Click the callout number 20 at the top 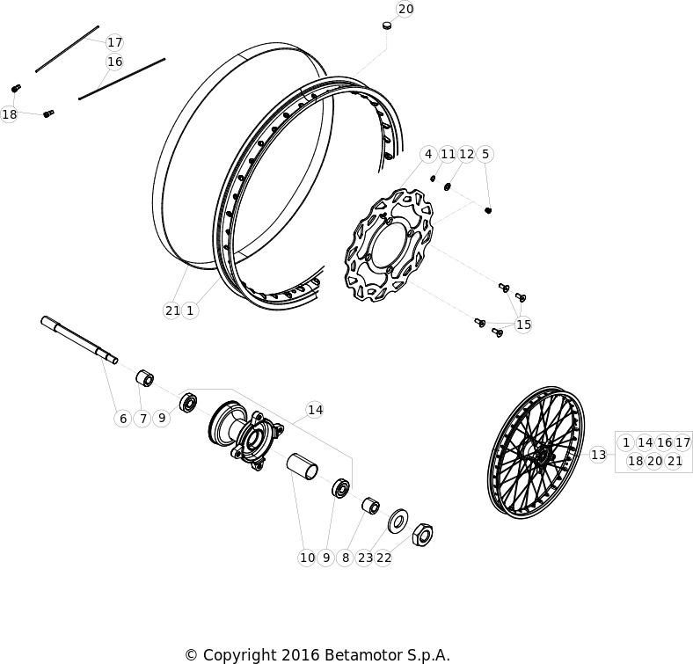(405, 9)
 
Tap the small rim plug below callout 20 (387, 26)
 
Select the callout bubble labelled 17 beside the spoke (114, 42)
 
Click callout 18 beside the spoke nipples (10, 114)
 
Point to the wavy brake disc (389, 245)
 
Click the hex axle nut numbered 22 (422, 535)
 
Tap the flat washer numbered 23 (398, 521)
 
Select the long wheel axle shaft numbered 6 (79, 340)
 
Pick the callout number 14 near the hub (315, 410)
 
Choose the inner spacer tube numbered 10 (303, 467)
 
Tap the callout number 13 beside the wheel (598, 455)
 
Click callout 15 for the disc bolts (523, 325)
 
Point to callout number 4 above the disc (427, 154)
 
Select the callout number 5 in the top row (485, 154)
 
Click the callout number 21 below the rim (171, 310)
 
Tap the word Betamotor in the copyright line (358, 654)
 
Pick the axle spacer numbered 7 (144, 379)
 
